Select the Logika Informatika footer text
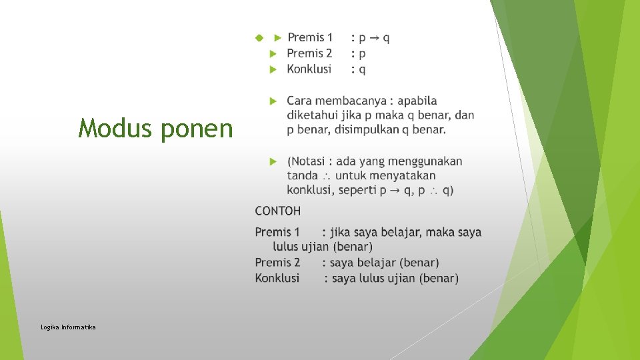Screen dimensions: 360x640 pyautogui.click(x=68, y=327)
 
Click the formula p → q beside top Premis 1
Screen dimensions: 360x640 pyautogui.click(x=375, y=38)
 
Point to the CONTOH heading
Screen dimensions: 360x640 pyautogui.click(x=277, y=211)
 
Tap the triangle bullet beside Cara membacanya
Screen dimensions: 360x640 pyautogui.click(x=273, y=101)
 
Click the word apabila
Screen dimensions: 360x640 pyautogui.click(x=417, y=101)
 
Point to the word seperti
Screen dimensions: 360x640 pyautogui.click(x=357, y=191)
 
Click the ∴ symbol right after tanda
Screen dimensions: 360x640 pyautogui.click(x=327, y=177)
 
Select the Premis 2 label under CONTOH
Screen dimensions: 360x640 pyautogui.click(x=277, y=263)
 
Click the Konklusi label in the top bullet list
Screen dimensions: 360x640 pyautogui.click(x=309, y=69)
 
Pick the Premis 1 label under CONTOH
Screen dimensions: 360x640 pyautogui.click(x=277, y=232)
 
